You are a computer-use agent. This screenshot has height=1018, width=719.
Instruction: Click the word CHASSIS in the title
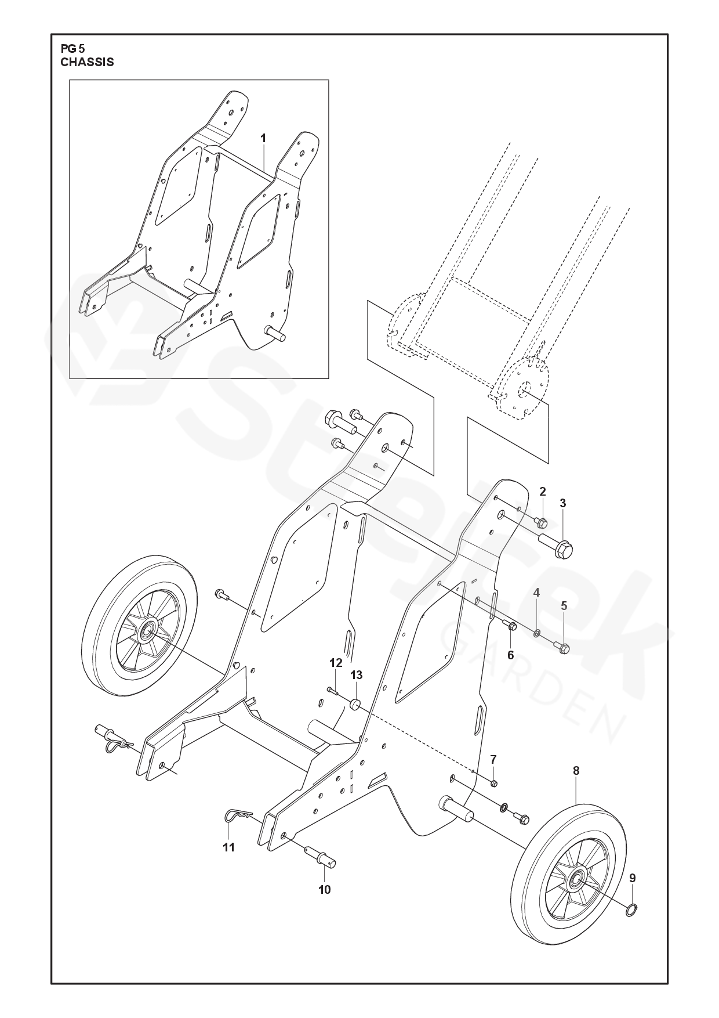87,62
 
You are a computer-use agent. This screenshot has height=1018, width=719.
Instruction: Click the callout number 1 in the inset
263,138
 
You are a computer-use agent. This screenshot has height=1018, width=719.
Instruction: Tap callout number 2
543,492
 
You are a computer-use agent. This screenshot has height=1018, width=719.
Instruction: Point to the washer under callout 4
537,631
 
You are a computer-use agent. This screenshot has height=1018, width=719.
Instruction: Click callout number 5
564,605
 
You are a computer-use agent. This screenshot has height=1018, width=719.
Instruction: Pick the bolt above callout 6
511,627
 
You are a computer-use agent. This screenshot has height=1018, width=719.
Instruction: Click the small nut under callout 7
493,784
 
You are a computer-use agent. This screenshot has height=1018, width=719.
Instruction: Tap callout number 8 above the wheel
576,771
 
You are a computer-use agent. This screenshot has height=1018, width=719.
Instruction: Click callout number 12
336,662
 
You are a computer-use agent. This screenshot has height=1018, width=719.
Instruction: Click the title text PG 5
72,49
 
